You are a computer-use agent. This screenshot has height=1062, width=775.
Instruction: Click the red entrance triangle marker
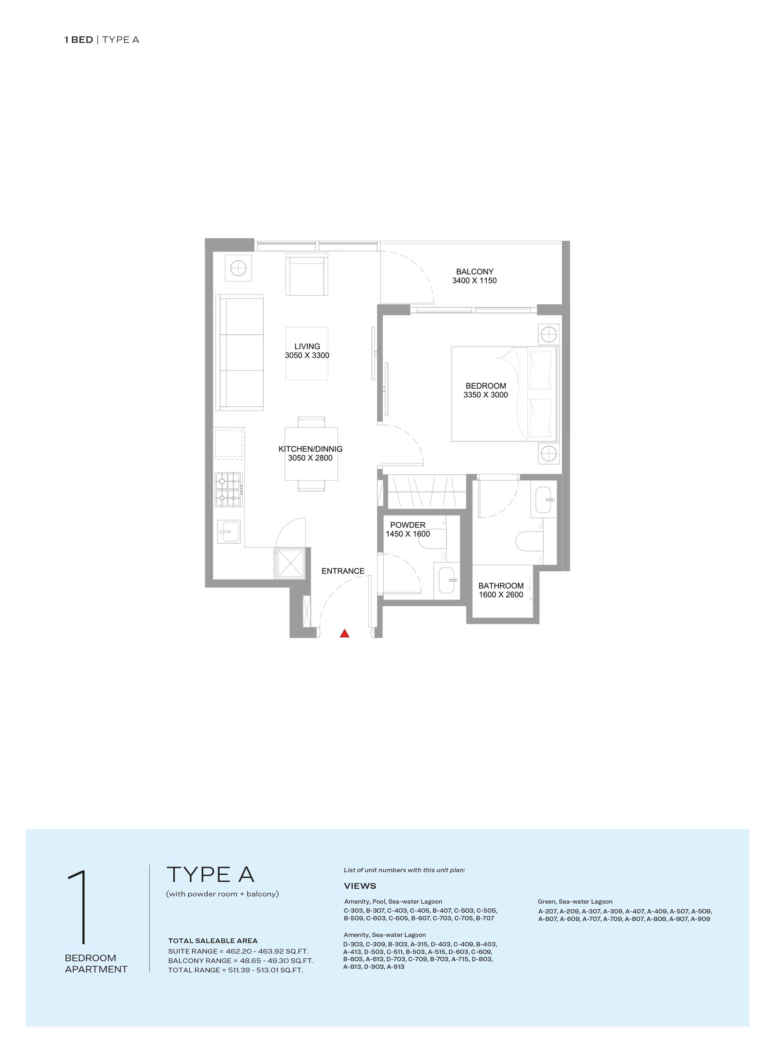coord(344,634)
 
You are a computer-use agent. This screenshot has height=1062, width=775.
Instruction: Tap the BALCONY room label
coord(474,272)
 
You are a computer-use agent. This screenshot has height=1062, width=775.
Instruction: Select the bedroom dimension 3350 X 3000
coord(486,395)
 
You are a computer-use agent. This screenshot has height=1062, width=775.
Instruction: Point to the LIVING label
coord(307,347)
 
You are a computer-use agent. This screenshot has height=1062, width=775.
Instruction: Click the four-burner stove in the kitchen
coord(229,490)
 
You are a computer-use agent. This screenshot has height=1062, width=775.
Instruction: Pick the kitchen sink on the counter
coord(229,532)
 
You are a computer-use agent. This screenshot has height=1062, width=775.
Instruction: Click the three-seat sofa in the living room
coord(240,352)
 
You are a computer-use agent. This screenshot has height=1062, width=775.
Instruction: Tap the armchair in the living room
coord(307,274)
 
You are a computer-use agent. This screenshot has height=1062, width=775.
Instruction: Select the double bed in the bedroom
coord(504,394)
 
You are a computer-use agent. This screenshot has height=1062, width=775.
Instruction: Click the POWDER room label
coord(408,525)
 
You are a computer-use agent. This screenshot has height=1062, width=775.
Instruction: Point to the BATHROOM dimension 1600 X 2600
coord(501,595)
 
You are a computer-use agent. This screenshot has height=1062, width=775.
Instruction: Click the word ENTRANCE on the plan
coord(343,571)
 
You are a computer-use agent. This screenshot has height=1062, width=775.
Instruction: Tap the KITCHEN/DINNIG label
coord(310,449)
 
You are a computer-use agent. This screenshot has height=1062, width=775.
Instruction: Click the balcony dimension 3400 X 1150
coord(474,281)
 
